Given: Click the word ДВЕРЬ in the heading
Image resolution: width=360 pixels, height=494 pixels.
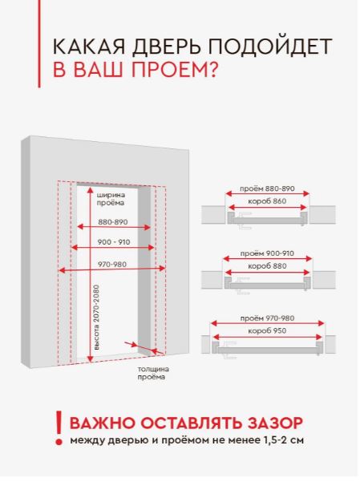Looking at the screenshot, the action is [166, 47].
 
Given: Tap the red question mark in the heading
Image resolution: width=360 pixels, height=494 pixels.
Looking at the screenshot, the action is [210, 69].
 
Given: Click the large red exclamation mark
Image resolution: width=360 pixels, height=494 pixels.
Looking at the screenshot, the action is [59, 428].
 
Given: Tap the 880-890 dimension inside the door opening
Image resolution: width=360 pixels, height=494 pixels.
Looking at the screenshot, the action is [113, 222].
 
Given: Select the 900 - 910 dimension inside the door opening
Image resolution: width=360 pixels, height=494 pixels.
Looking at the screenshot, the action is [113, 242].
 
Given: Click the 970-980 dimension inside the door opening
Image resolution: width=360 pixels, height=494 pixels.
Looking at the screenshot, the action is [111, 265].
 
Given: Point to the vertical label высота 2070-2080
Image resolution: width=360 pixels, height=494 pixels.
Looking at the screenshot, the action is [96, 318].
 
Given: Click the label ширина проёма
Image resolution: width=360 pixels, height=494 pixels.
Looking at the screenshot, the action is [111, 199].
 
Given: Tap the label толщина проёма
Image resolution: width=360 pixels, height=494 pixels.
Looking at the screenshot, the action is [153, 373].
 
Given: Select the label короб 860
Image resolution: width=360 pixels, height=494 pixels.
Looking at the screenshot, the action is [267, 201].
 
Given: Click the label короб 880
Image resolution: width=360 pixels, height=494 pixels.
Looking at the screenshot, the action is [267, 266].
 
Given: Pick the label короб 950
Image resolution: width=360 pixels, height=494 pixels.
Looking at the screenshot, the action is [267, 330].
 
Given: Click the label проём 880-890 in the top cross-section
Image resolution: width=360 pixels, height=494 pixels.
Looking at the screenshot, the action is [267, 188].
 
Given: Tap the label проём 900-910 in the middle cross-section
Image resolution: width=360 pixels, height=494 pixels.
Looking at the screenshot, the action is [267, 253].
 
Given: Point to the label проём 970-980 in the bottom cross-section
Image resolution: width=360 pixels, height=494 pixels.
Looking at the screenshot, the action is [267, 318].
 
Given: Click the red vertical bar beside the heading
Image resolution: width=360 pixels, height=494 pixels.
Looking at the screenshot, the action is [39, 43].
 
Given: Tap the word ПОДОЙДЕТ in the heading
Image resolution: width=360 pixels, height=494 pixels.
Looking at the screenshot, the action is [269, 47].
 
